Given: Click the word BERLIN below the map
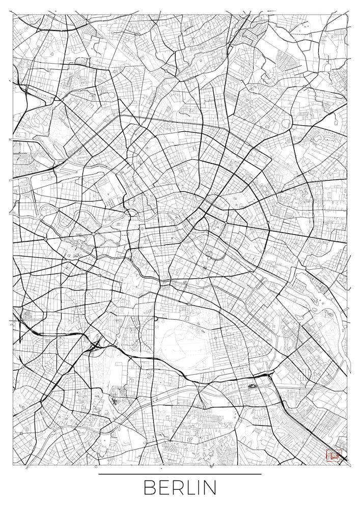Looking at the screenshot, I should coord(180,487).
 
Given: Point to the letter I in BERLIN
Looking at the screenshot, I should coord(200,488).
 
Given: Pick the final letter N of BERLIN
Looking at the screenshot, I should coord(210,488).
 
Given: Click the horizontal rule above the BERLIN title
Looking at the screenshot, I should coord(180,474).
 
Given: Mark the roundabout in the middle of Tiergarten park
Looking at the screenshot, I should coord(94,234).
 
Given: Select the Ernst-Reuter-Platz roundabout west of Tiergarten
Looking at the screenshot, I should coord(46,238).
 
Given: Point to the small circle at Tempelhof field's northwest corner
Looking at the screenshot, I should coord(156,319).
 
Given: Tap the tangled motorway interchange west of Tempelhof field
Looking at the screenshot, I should coord(95,347).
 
